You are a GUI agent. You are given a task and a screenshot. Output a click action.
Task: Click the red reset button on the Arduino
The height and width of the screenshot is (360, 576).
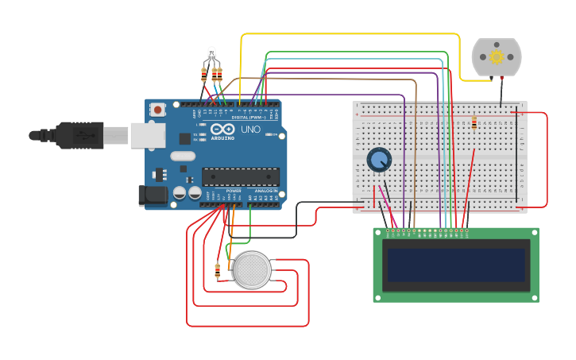(158, 110)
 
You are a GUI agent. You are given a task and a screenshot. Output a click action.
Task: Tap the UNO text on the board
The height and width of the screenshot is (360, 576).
(251, 129)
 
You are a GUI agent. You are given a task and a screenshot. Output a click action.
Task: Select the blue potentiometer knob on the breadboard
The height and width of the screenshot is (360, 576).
(379, 160)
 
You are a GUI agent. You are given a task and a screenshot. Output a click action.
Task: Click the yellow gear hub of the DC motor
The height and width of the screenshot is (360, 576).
(497, 56)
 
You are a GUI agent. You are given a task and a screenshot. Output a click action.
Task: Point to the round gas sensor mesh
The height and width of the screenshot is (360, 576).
(252, 270)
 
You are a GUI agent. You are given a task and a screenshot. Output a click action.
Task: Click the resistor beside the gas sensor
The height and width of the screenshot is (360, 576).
(218, 271)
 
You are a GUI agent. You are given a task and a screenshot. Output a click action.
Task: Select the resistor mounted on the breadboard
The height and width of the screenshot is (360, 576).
(474, 123)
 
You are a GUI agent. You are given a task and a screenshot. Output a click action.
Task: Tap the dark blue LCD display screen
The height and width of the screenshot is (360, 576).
(455, 266)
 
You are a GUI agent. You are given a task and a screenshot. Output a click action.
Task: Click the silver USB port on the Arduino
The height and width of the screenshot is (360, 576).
(148, 136)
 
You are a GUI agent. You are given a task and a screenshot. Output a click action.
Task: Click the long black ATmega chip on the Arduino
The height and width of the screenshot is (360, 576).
(240, 176)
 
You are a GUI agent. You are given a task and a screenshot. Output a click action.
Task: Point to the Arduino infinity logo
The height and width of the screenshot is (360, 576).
(222, 129)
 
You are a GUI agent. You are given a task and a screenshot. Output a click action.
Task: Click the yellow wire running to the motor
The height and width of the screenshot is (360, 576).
(350, 34)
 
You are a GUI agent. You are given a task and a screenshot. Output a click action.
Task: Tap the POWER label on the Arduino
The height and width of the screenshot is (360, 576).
(234, 191)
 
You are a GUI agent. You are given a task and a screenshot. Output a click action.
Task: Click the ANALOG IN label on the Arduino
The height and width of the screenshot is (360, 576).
(265, 191)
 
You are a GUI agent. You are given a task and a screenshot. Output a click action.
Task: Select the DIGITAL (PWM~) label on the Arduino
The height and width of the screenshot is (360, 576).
(246, 117)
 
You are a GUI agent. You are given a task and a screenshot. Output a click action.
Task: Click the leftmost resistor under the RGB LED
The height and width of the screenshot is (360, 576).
(203, 75)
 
